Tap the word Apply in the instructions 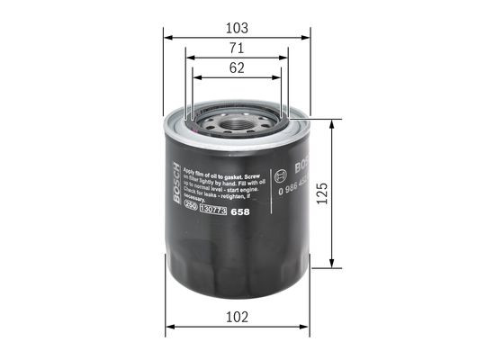click(191, 169)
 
